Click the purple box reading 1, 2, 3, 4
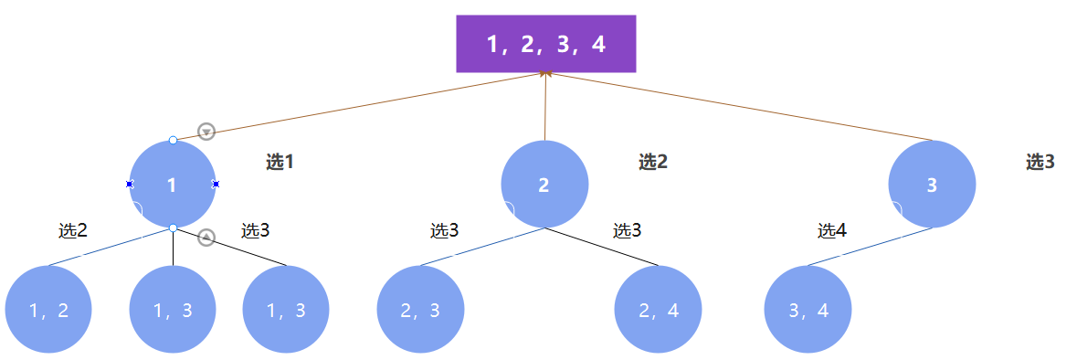click(x=545, y=44)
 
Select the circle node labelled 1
click(x=173, y=185)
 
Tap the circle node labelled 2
click(x=544, y=185)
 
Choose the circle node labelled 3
click(x=932, y=185)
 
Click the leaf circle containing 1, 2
click(x=48, y=310)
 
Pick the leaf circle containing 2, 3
click(x=420, y=310)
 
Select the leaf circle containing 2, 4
click(x=659, y=310)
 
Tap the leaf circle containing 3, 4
click(x=808, y=310)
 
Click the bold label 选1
click(x=280, y=163)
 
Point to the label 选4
click(x=832, y=230)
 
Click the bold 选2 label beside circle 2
click(x=653, y=163)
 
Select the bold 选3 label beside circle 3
click(x=1040, y=163)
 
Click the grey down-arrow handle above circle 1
click(x=206, y=132)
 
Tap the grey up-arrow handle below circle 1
click(x=206, y=238)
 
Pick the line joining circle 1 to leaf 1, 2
click(x=110, y=247)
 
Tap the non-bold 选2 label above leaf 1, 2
click(x=73, y=230)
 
